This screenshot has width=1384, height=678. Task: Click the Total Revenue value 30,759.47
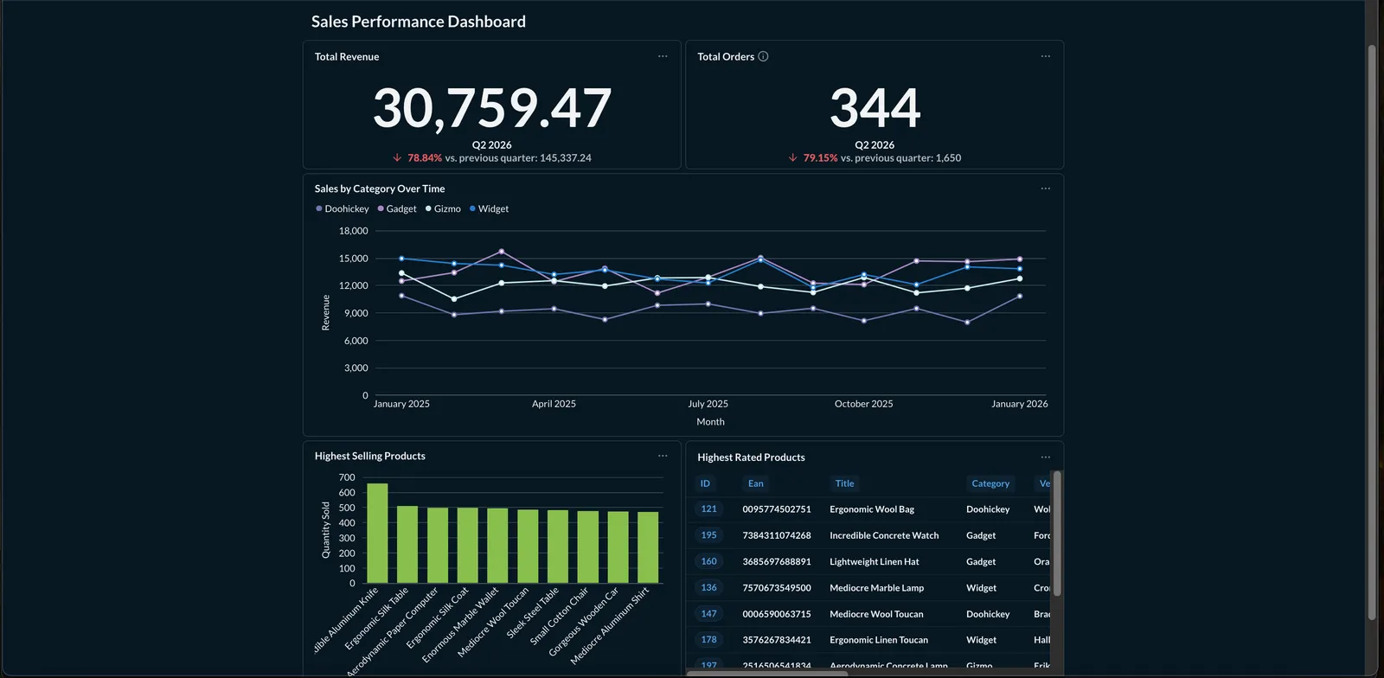coord(492,108)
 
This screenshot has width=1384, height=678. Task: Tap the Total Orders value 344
coord(875,108)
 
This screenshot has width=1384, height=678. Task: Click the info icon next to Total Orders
coord(763,56)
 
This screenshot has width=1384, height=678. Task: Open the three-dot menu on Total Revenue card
coord(663,56)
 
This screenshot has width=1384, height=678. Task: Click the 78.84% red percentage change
coord(424,158)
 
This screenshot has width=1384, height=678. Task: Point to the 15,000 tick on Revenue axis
coord(353,259)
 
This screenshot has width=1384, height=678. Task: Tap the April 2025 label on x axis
coord(554,404)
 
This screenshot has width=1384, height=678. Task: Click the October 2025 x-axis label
coord(863,404)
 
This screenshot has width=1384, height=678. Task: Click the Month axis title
coord(710,422)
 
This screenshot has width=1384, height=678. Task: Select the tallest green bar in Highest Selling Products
coord(377,533)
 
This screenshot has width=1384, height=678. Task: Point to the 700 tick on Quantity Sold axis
coord(347,477)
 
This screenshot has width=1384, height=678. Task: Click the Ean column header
coord(755,483)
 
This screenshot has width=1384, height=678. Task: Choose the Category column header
coord(990,483)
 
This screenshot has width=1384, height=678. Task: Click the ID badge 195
coord(708,535)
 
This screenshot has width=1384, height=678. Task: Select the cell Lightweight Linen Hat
coord(874,561)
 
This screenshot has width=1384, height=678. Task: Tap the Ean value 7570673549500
coord(776,588)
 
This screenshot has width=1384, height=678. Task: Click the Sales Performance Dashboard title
coord(418,22)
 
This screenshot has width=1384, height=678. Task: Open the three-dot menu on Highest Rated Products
coord(1045,457)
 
